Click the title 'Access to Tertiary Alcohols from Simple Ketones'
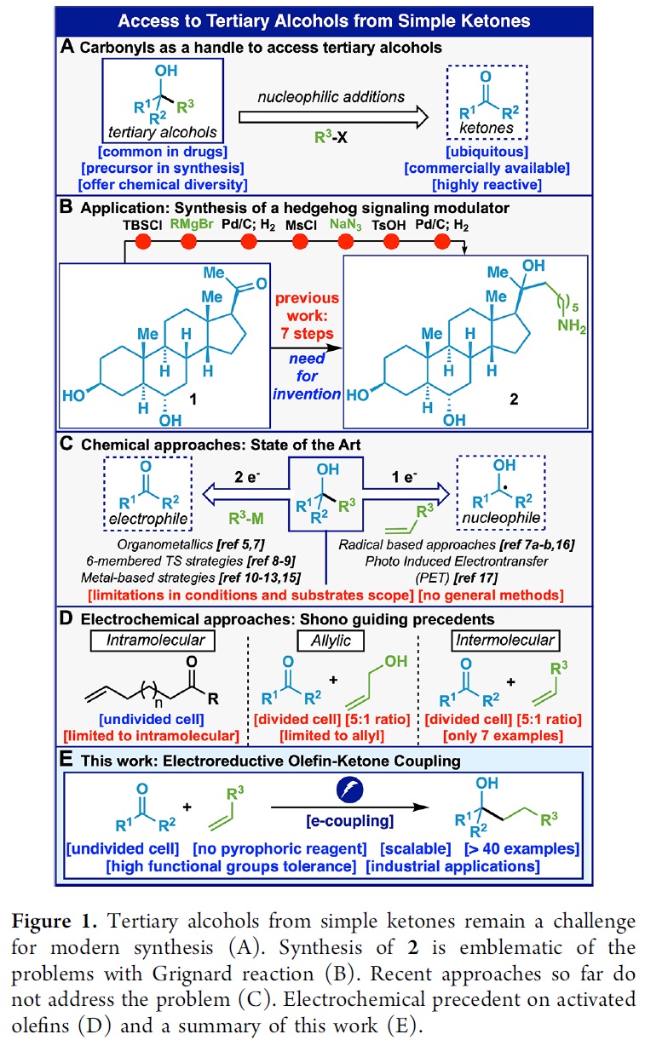pos(322,20)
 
